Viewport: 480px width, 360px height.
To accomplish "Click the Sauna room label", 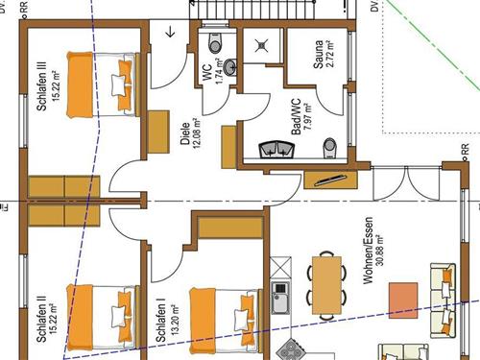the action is tap(319, 54).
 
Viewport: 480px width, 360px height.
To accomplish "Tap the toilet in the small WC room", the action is tap(215, 42).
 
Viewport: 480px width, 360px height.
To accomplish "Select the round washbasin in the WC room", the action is tap(230, 67).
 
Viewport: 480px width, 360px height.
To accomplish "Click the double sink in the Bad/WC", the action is tap(276, 149).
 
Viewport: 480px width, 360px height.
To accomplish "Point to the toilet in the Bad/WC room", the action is tap(328, 148).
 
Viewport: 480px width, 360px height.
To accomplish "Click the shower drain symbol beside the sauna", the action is tap(262, 46).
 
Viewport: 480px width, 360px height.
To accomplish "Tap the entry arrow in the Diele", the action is tap(171, 32).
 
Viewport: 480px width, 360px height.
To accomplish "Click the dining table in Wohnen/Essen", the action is tap(326, 285).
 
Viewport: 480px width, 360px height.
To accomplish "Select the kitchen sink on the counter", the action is tap(280, 298).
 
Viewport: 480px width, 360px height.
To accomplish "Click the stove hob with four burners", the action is tap(290, 350).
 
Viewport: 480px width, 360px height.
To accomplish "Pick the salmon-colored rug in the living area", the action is tap(403, 300).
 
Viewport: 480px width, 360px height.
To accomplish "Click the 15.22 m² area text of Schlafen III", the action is tap(56, 85).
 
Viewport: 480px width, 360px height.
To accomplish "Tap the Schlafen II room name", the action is tap(41, 318).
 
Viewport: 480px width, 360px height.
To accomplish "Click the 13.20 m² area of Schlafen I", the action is tap(175, 320).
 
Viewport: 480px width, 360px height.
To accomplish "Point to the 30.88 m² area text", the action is tap(380, 251).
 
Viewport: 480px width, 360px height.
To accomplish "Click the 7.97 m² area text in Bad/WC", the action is tap(307, 117).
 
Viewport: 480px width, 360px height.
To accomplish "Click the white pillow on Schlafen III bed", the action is tap(118, 85).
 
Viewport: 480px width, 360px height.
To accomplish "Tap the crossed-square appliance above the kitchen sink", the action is tap(280, 267).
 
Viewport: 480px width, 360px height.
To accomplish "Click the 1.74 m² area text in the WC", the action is tap(219, 71).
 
